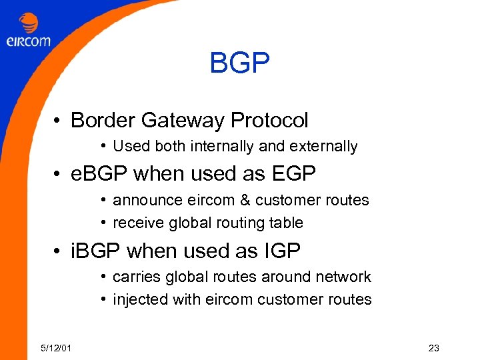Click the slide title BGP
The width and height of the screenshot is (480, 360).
point(239,64)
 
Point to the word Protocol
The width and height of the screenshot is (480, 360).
point(269,121)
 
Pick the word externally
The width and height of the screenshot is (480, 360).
point(325,146)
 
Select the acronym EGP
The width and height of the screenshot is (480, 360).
point(293,173)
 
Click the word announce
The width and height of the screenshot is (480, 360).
point(142,200)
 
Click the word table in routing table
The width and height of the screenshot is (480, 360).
point(287,223)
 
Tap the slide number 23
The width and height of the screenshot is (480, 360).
point(434,347)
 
